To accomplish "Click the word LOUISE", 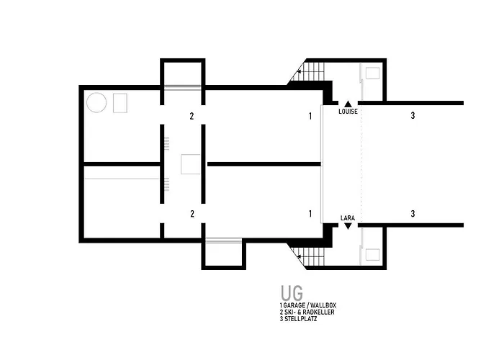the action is (x=348, y=112).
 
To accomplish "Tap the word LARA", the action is (x=348, y=218).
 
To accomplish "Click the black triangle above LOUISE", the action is (x=348, y=104).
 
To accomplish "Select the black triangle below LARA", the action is (x=348, y=226).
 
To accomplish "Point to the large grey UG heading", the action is (x=292, y=292).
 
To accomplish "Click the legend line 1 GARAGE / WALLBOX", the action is (x=308, y=305).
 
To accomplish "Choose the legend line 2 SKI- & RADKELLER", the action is (x=307, y=312).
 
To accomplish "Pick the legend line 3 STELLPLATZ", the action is (x=298, y=319).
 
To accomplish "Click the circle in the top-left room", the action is (x=96, y=102).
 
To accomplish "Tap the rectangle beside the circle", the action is (x=120, y=103).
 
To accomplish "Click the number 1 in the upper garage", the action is (x=310, y=116).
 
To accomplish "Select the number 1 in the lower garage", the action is (x=310, y=214).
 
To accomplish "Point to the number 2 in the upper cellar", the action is (x=192, y=116).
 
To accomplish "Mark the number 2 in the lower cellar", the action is (x=192, y=214).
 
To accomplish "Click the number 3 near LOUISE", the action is (x=413, y=115).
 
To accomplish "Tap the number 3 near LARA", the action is (x=413, y=214).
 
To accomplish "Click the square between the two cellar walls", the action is (x=190, y=164).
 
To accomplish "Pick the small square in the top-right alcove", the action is (x=372, y=73).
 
